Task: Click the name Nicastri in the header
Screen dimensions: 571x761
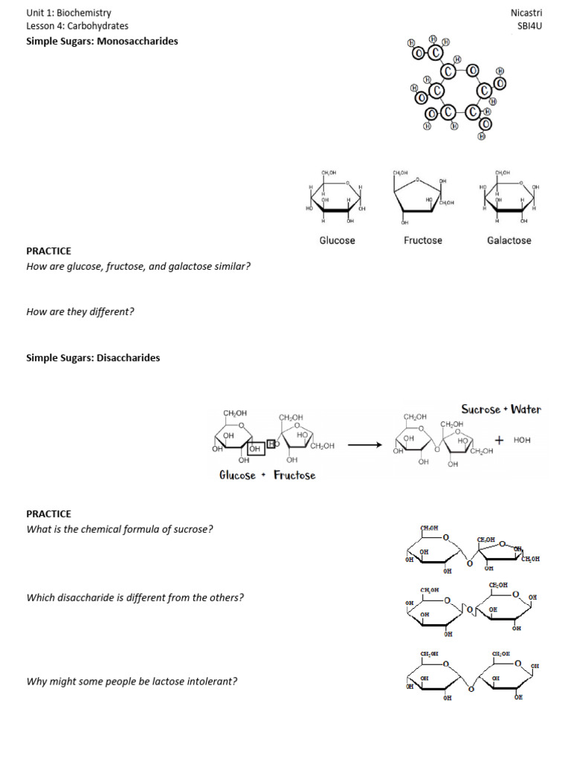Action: tap(526, 13)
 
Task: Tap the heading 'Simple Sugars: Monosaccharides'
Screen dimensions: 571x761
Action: tap(102, 41)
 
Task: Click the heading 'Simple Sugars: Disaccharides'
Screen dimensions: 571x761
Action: tap(93, 357)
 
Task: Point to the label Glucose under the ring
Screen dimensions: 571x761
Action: tap(337, 240)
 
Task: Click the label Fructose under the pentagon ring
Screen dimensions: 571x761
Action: tap(423, 240)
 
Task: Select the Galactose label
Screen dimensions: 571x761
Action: tap(509, 240)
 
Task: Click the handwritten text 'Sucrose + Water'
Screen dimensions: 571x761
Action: tap(501, 409)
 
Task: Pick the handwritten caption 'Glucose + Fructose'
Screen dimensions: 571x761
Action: tap(267, 475)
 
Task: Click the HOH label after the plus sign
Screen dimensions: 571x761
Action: tap(522, 440)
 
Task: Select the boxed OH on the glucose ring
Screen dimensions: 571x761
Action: tap(255, 449)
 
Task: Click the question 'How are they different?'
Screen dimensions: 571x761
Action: tap(80, 311)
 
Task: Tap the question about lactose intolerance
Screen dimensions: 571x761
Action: tap(132, 680)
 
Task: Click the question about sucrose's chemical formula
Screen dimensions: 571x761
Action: tap(120, 529)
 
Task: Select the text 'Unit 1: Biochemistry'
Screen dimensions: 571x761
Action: tap(68, 13)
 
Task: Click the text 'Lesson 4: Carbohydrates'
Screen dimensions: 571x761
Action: tap(77, 26)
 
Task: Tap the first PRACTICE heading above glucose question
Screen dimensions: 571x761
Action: tap(49, 251)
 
